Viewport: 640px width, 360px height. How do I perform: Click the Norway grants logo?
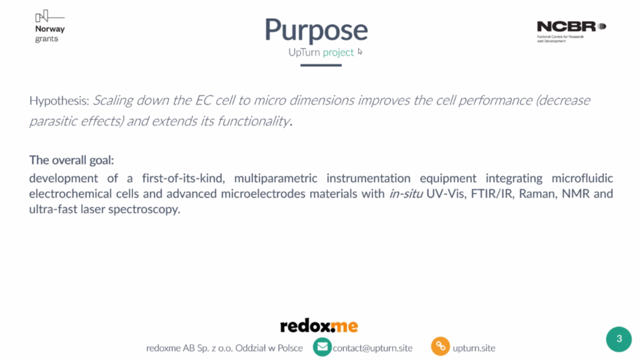point(50,26)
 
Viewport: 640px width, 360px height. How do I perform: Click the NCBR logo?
point(571,31)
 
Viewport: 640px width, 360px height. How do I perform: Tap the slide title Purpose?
point(316,30)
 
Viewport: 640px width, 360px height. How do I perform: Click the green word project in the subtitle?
point(338,52)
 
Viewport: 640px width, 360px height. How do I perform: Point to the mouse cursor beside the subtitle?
point(359,51)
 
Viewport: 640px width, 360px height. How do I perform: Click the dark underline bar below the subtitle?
point(321,65)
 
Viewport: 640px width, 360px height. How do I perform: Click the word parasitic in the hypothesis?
point(53,121)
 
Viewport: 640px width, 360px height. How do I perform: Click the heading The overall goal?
point(71,160)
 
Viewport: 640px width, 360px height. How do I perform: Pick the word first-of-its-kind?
point(183,178)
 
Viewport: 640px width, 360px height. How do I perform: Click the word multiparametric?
point(276,178)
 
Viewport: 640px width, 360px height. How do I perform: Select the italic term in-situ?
point(406,194)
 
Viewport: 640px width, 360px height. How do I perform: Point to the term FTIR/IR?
point(492,194)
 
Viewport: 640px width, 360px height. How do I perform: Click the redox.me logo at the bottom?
point(319,326)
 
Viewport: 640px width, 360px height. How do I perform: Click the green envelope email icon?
point(322,346)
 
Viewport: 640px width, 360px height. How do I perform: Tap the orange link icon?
point(441,346)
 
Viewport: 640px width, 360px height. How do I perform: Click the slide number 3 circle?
point(619,339)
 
